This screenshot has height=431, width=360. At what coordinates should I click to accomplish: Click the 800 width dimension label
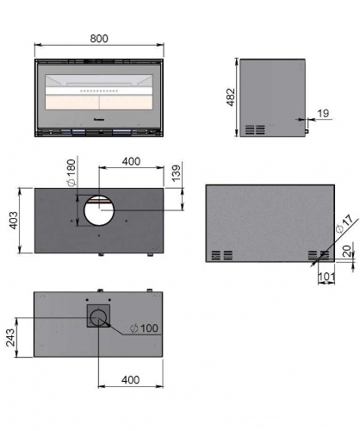[x=99, y=39]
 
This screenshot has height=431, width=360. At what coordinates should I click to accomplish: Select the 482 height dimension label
[x=231, y=97]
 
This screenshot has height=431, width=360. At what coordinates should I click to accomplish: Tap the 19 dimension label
[x=323, y=113]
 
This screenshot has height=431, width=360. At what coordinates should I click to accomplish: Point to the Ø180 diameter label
[x=71, y=172]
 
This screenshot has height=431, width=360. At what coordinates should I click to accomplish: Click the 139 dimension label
[x=177, y=172]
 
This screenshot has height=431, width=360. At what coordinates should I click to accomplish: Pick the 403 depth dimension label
[x=14, y=221]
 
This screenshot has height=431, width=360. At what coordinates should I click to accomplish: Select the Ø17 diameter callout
[x=344, y=224]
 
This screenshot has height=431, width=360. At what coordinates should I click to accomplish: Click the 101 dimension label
[x=326, y=277]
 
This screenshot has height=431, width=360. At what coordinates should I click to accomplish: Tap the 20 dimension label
[x=347, y=251]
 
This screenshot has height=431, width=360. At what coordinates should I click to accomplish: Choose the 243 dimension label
[x=10, y=337]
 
